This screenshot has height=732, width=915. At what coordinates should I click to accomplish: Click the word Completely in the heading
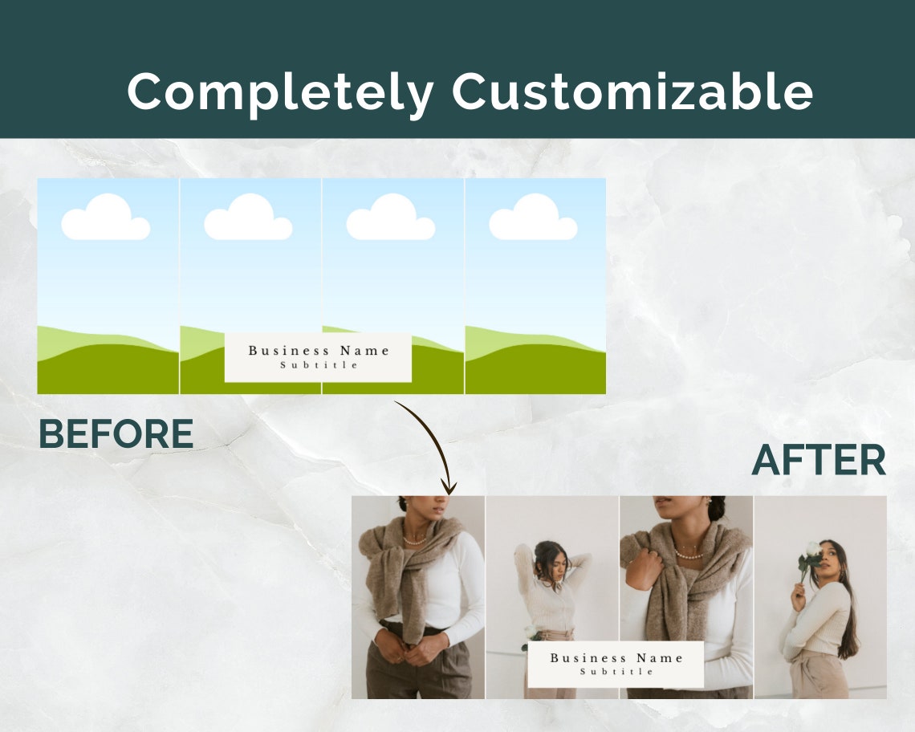pos(280,91)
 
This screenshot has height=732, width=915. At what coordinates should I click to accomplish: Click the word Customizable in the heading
pos(632,91)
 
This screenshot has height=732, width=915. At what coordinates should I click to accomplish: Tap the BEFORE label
pos(116,434)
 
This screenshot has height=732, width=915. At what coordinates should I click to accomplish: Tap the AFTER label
pos(819,461)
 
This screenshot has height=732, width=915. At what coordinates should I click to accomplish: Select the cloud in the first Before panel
pos(106,218)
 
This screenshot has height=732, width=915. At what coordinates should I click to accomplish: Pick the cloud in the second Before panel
pos(248,218)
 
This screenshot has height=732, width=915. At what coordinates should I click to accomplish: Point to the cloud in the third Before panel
pos(391,218)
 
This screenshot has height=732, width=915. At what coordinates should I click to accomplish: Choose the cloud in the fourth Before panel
pos(533,218)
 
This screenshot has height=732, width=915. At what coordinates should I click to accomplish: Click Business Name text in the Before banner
pos(319,351)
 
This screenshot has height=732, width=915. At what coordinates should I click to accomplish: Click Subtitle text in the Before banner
pos(319,365)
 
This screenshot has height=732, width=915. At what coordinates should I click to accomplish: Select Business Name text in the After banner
pos(616,658)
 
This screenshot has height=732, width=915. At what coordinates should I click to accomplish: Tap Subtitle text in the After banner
pos(616,672)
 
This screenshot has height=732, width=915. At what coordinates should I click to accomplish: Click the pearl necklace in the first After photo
pos(415,540)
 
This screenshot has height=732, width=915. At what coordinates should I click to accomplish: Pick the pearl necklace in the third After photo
pos(689,553)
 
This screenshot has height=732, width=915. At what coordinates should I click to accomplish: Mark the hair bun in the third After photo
pos(716,507)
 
